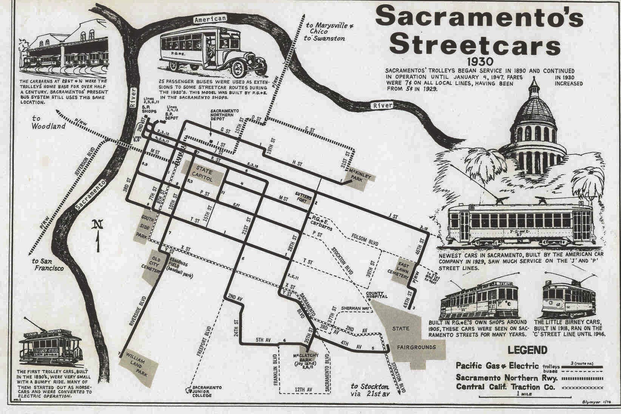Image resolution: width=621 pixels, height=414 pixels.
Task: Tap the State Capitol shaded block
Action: coord(204,175)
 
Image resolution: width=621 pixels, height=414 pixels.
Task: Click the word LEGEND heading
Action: coord(527,350)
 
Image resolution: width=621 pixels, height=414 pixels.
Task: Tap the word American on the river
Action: coord(210,19)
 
